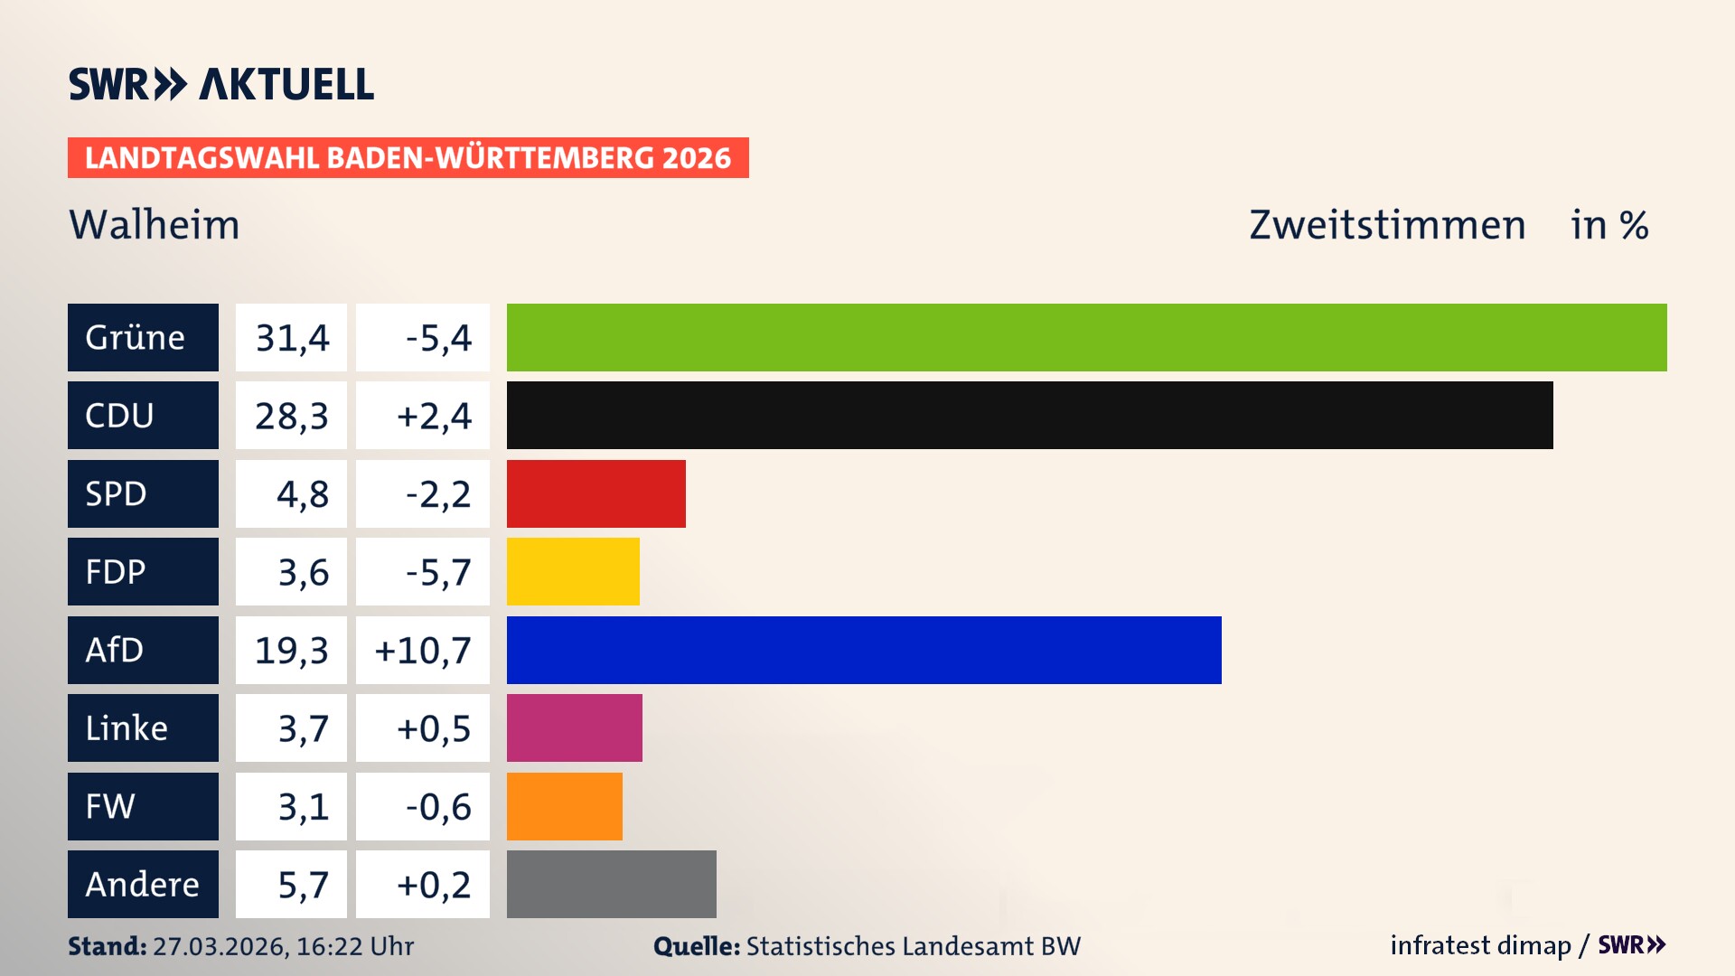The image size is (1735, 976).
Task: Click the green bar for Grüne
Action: point(1086,337)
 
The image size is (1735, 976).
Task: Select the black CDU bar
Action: point(1029,415)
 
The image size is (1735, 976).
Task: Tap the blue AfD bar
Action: point(864,650)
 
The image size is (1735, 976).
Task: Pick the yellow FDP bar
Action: point(573,571)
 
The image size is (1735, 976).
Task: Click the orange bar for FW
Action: point(564,806)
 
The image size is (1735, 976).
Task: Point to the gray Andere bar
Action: point(611,884)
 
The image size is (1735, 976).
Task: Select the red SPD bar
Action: point(596,493)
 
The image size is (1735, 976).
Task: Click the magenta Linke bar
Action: point(574,727)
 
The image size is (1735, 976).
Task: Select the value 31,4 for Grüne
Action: point(291,337)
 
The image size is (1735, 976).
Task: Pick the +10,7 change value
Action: point(423,650)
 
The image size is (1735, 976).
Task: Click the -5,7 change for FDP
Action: point(437,571)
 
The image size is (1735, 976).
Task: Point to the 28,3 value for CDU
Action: point(291,415)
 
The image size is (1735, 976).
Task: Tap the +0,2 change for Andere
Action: point(434,884)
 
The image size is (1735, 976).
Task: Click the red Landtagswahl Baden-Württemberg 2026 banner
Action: point(408,157)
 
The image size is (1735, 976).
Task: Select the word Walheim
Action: point(155,224)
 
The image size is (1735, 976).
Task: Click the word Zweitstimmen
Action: point(1387,224)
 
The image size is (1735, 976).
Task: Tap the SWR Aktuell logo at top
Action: point(221,84)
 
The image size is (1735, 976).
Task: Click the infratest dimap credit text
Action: point(1480,945)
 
